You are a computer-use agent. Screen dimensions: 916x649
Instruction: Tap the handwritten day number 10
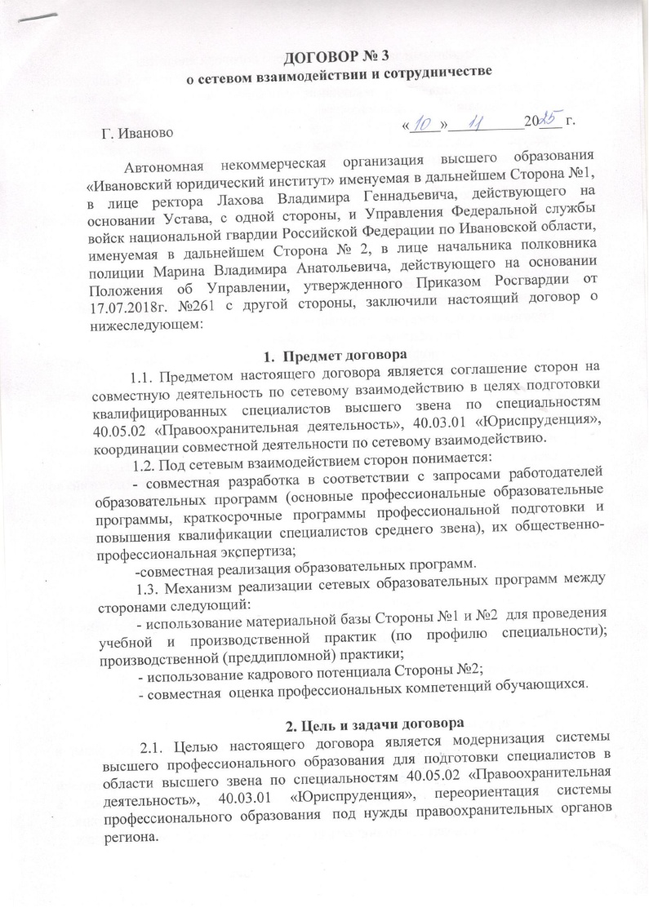(424, 125)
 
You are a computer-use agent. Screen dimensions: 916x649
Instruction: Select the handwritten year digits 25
(548, 122)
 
